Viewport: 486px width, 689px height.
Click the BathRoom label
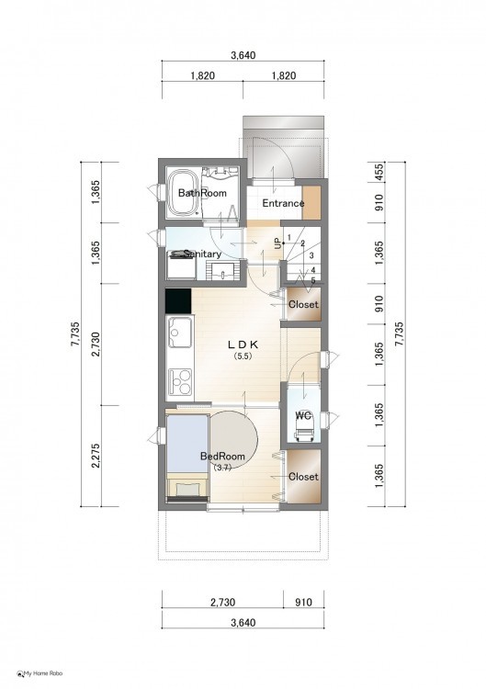[x=202, y=193]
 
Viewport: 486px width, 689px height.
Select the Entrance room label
[x=283, y=203]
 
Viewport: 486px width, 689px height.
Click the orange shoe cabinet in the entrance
[x=311, y=202]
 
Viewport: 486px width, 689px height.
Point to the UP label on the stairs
[x=277, y=243]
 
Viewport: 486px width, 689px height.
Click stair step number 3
[x=311, y=255]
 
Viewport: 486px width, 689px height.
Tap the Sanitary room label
[x=202, y=254]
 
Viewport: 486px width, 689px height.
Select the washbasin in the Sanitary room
[x=222, y=269]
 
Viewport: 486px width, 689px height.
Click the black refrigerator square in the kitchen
[x=178, y=301]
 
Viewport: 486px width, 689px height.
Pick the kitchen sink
[x=180, y=332]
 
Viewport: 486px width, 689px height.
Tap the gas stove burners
[x=181, y=382]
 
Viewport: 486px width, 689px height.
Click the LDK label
[x=243, y=344]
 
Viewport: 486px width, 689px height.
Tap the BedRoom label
[x=222, y=457]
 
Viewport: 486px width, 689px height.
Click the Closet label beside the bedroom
[x=303, y=477]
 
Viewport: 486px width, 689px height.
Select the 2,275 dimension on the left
[x=96, y=456]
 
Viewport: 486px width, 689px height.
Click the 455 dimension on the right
[x=379, y=170]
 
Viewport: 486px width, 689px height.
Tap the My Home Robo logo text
[x=40, y=673]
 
